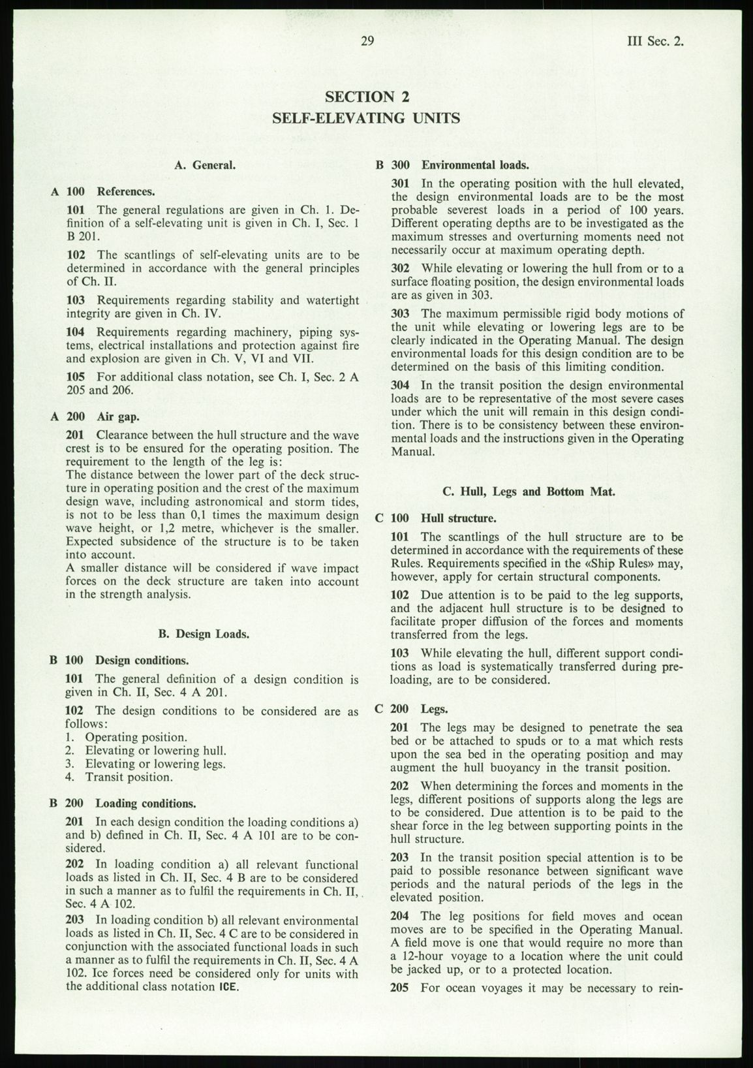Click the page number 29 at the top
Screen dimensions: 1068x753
tap(367, 42)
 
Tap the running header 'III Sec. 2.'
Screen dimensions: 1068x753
tap(654, 42)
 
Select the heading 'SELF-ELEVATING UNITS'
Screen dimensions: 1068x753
tap(366, 118)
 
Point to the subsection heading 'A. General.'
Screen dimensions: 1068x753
tap(205, 165)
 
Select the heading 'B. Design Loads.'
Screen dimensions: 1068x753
tap(204, 633)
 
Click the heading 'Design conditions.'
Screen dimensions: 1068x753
tap(142, 660)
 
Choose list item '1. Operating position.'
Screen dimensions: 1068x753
tap(127, 737)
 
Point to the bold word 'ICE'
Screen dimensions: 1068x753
tap(228, 987)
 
